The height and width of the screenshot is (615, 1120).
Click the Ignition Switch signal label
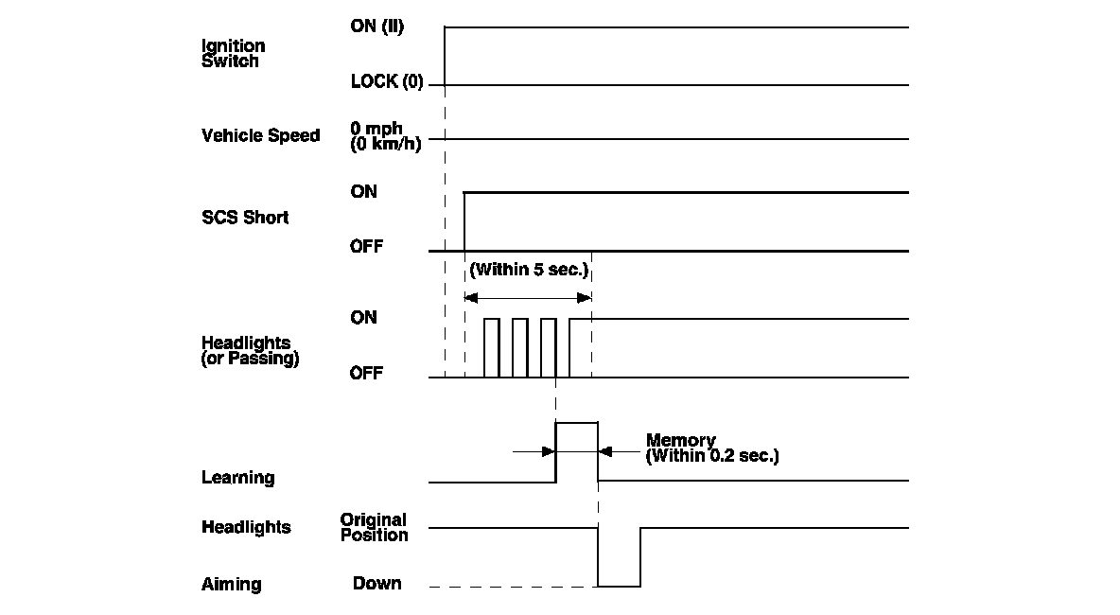click(233, 54)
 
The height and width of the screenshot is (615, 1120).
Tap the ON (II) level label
click(376, 26)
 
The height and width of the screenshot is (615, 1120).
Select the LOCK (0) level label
click(386, 81)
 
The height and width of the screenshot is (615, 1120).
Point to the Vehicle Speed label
click(260, 135)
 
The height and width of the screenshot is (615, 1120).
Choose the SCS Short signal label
click(245, 218)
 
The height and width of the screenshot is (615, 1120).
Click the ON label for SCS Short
click(363, 192)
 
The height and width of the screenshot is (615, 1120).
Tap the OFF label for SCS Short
click(366, 247)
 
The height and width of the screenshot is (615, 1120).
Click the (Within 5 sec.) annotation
click(529, 271)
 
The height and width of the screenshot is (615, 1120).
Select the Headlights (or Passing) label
click(250, 350)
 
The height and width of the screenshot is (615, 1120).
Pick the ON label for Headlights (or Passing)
click(363, 318)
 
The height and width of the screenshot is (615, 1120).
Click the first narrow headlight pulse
click(491, 347)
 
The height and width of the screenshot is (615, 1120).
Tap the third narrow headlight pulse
click(548, 347)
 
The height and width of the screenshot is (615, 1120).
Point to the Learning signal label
click(237, 478)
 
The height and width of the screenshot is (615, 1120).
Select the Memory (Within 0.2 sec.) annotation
click(711, 448)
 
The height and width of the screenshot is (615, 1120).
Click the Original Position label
click(374, 527)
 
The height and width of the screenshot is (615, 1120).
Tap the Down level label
click(376, 584)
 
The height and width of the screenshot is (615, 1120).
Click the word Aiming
click(231, 585)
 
